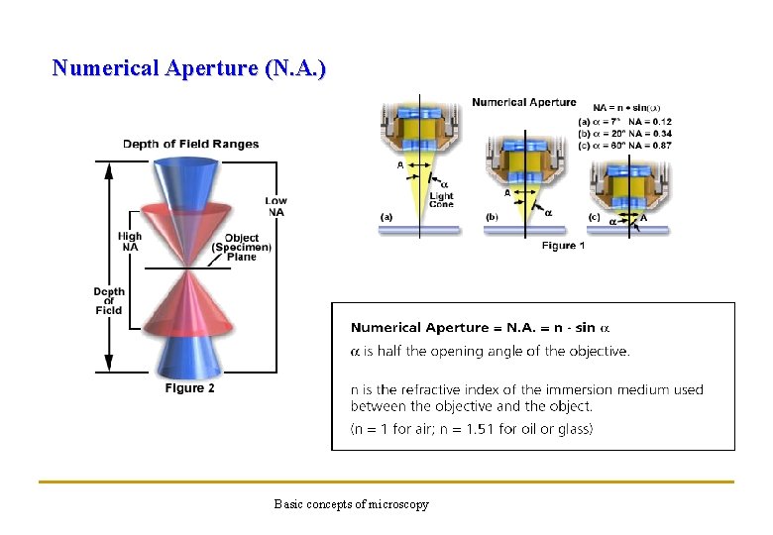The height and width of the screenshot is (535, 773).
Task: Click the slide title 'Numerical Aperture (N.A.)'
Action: (188, 68)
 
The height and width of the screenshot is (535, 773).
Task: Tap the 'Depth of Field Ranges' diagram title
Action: (190, 144)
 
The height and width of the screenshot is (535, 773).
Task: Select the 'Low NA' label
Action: (276, 206)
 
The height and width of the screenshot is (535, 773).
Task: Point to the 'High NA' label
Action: (129, 241)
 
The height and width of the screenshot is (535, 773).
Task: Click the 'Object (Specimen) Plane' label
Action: (241, 247)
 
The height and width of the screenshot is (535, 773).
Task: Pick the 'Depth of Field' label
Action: (109, 300)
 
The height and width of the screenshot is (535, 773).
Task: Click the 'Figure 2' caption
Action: (189, 388)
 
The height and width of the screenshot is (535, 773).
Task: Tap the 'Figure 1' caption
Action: (563, 245)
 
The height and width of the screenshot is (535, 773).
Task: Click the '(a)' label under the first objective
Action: (386, 216)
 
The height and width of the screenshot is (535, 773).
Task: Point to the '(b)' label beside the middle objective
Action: (493, 216)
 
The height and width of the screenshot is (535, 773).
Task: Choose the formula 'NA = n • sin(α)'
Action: (626, 108)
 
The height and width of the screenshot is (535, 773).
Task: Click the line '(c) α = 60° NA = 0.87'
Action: (624, 145)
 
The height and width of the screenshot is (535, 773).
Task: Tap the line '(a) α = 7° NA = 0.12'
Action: (624, 121)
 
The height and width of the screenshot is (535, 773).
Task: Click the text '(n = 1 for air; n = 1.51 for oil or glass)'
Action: (472, 429)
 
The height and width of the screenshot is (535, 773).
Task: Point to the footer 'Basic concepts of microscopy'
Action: (352, 504)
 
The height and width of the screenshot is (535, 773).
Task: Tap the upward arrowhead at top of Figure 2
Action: (108, 165)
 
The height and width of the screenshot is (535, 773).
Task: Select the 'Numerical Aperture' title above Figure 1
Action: (523, 102)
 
